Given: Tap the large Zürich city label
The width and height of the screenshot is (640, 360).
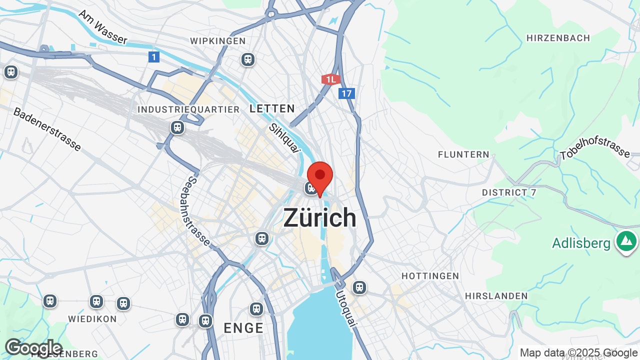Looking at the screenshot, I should [320, 218].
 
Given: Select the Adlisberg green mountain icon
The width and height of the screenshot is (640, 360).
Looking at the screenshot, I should [626, 241].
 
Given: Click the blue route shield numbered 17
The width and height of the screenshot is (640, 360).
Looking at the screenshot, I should [346, 93].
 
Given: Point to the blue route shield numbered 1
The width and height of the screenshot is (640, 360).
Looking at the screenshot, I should [154, 57].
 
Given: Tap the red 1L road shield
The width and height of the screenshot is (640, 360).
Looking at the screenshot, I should [330, 79].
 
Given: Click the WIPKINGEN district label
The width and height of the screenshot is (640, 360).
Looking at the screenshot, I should [218, 41].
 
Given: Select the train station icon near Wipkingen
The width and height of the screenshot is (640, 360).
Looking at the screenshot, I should [248, 59].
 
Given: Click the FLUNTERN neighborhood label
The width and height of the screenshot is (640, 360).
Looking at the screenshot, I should [463, 154].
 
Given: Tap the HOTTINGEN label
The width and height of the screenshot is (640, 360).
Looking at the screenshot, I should [430, 276].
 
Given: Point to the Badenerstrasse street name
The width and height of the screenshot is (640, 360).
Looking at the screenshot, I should [47, 129].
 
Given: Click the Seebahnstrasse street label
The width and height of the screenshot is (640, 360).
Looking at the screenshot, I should [199, 210].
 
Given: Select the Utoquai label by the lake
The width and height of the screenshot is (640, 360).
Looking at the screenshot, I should [346, 308].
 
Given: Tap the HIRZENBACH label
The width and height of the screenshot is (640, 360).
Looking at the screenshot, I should [558, 38].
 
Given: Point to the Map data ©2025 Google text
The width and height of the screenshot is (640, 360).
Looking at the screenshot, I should [578, 353].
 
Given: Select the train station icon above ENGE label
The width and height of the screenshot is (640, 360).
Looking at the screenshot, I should [256, 309].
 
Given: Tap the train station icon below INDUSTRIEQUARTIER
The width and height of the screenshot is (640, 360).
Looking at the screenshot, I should [177, 127].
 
